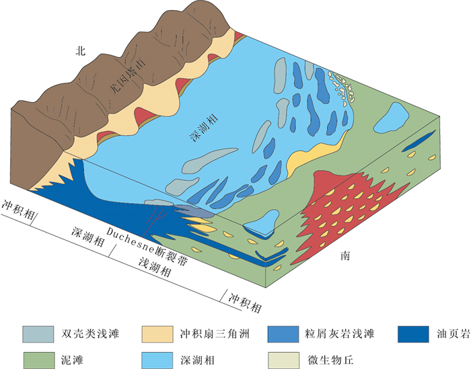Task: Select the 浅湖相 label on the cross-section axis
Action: click(155, 268)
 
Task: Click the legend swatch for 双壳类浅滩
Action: click(38, 334)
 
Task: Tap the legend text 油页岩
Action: click(449, 334)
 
